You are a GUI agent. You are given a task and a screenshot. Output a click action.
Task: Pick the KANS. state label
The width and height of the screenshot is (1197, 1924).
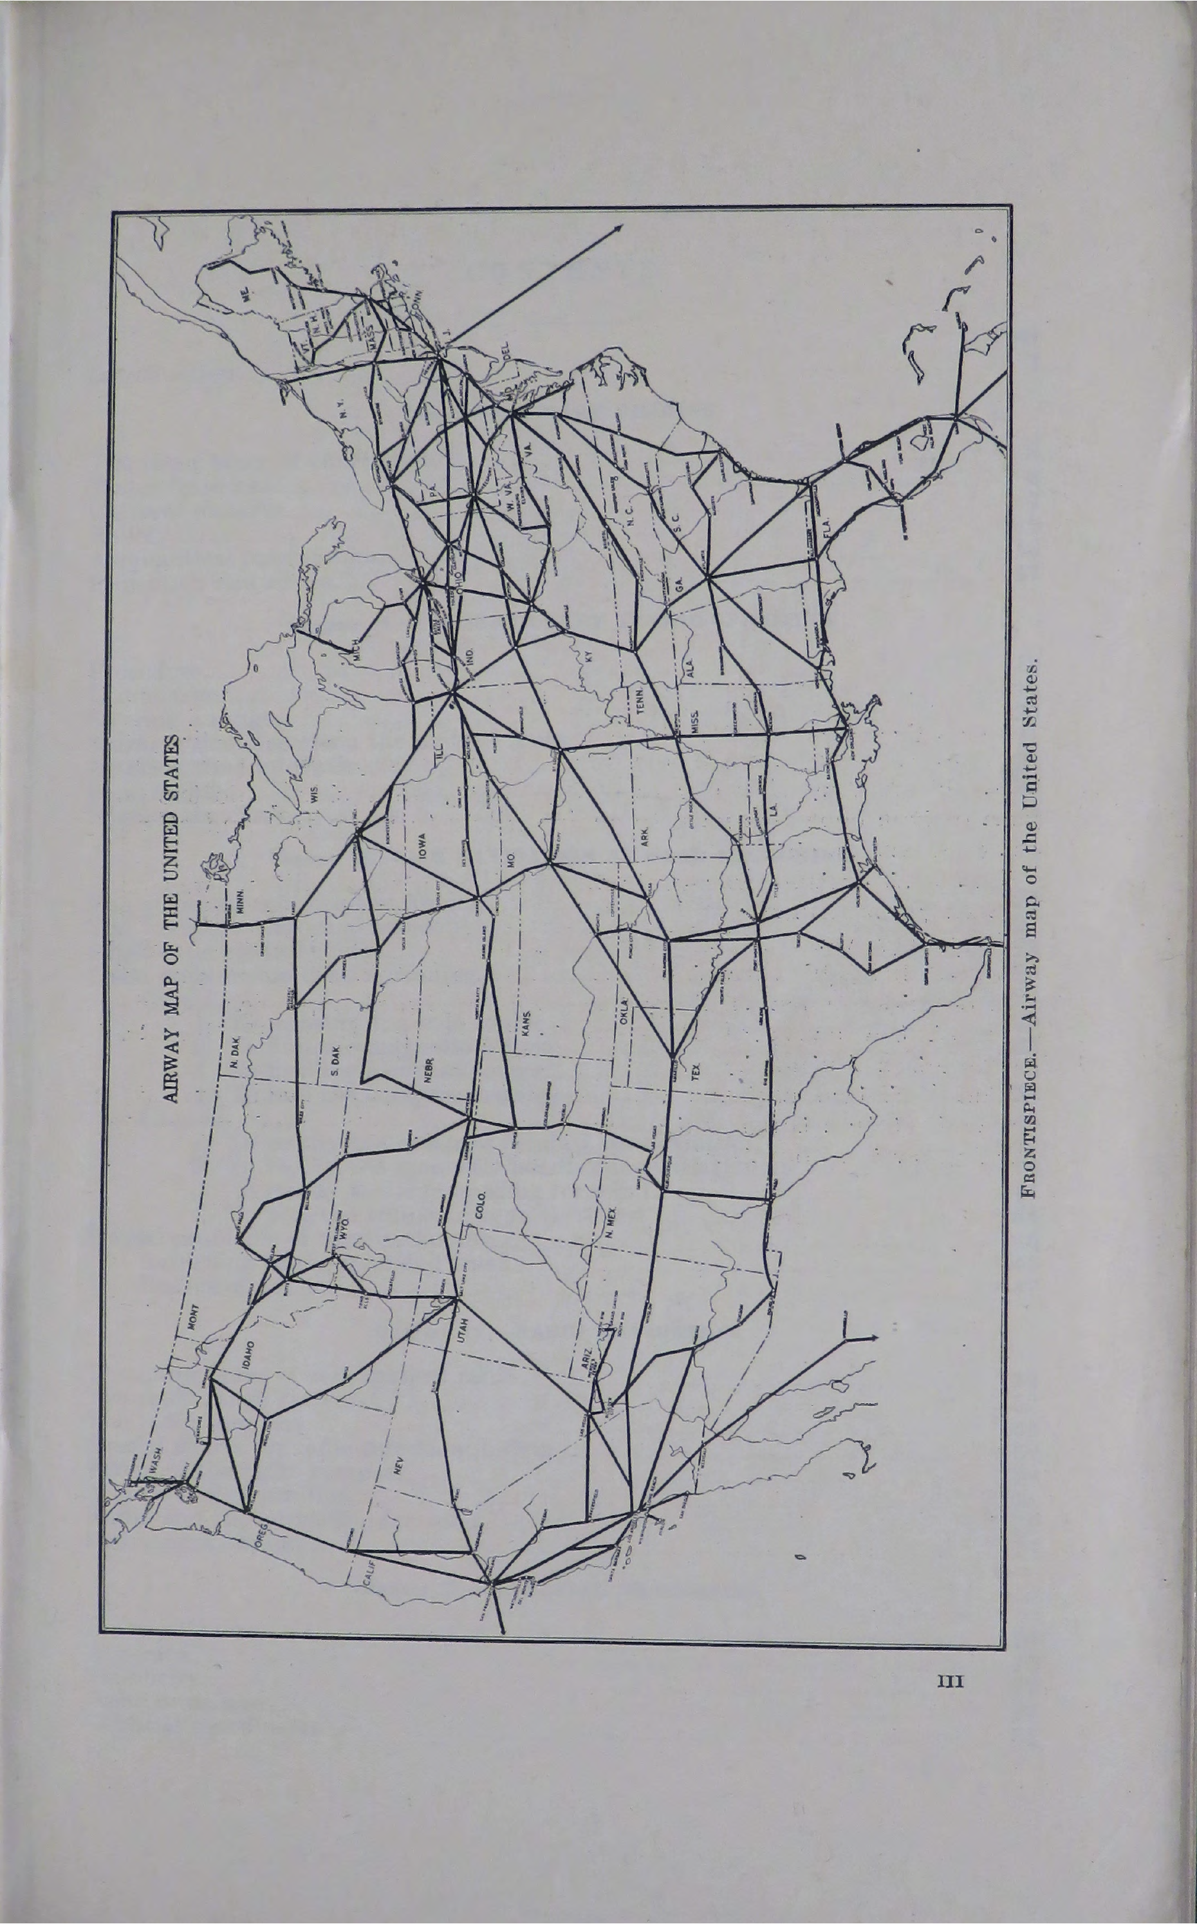point(525,1022)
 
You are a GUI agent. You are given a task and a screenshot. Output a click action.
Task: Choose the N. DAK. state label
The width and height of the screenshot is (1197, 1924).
point(235,1051)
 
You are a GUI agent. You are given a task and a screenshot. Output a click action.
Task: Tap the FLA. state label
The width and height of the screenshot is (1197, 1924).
point(828,527)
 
